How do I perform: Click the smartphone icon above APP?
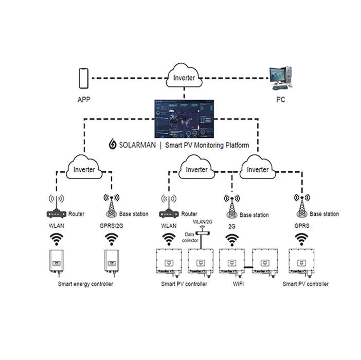pos(83,78)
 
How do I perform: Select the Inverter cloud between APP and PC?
pos(184,78)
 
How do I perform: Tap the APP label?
pos(83,99)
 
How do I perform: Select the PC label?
pos(282,99)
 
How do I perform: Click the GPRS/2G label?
pos(111,225)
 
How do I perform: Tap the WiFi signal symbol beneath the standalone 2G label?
pos(232,239)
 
